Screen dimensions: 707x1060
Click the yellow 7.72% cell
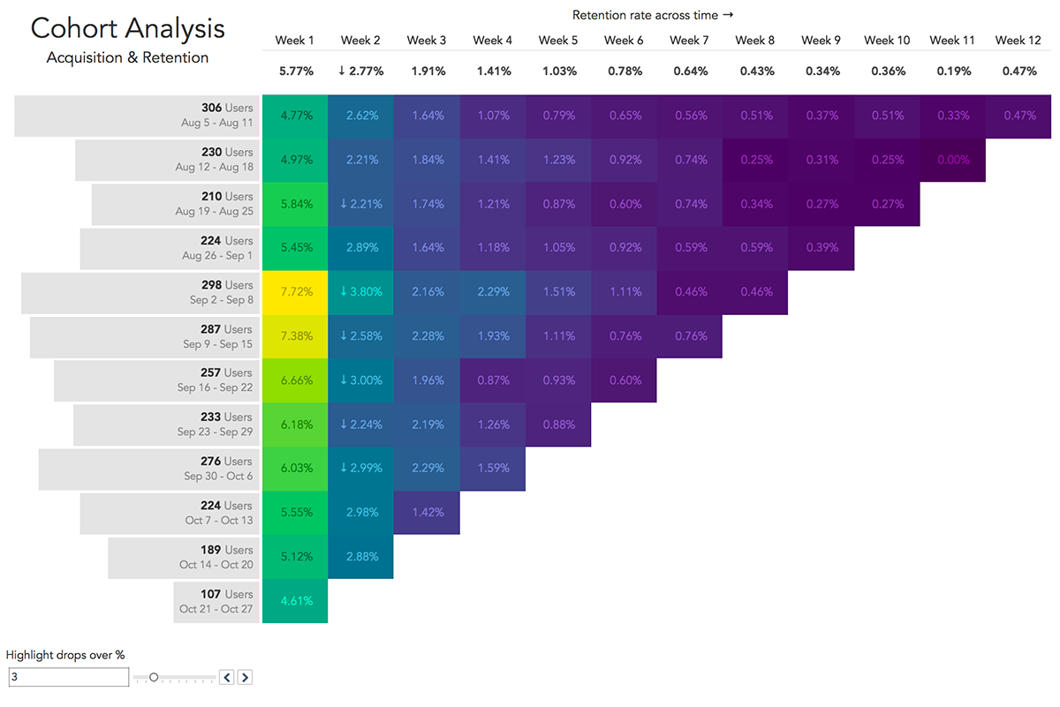point(295,292)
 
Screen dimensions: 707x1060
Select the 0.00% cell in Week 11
point(953,160)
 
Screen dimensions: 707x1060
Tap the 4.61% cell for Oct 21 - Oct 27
point(295,601)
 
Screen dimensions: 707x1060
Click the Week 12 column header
point(1017,40)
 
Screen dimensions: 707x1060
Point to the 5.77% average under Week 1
point(295,71)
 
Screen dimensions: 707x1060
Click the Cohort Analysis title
point(128,28)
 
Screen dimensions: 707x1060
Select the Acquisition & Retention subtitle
point(128,58)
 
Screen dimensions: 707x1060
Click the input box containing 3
point(69,677)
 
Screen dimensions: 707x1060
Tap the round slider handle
point(154,677)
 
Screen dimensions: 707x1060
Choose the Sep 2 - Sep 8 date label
point(221,300)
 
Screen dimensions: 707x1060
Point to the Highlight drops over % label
point(65,655)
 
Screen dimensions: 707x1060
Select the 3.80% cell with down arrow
point(360,292)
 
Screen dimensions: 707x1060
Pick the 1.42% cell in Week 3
point(427,513)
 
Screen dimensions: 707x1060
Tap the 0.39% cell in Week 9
point(821,248)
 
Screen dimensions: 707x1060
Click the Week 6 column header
point(624,40)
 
